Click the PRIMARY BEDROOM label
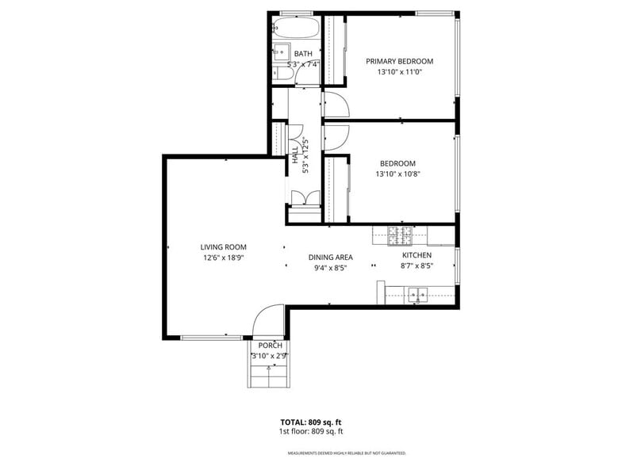tap(399, 61)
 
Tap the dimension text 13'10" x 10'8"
tap(396, 174)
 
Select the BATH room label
tap(303, 54)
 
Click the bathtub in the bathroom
tap(295, 29)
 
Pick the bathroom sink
tap(280, 53)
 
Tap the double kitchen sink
tap(417, 296)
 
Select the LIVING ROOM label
tap(223, 247)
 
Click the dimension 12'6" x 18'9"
tap(223, 258)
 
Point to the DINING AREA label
tap(330, 257)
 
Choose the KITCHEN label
tap(417, 255)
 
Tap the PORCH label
tap(270, 346)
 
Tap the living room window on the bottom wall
tap(212, 338)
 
